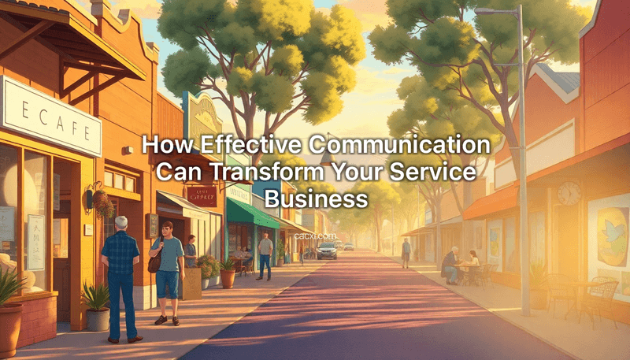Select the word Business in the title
(x=316, y=196)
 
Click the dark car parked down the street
(x=327, y=251)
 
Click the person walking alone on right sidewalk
(x=406, y=252)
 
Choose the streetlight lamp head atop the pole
(x=493, y=11)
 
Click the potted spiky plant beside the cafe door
(x=98, y=303)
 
